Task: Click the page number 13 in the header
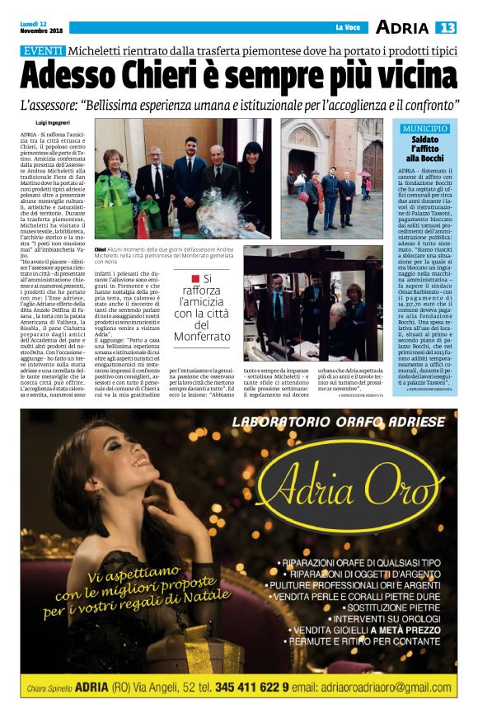pos(446,28)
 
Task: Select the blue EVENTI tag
pos(43,51)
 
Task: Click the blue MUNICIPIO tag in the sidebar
pos(425,130)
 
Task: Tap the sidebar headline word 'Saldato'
pos(425,139)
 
